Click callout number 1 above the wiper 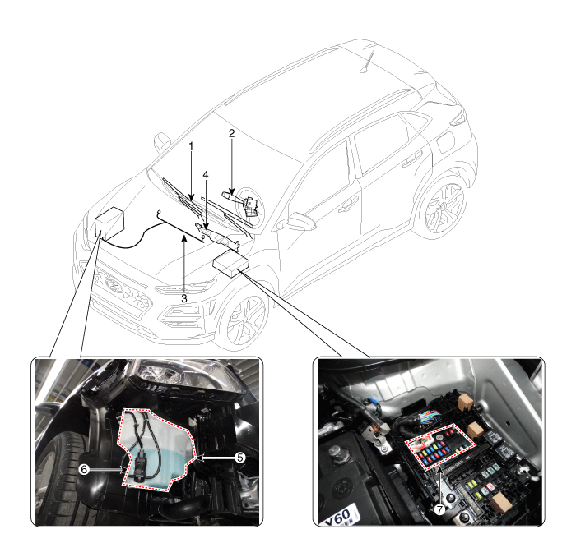[x=191, y=146]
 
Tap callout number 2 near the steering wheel [x=231, y=133]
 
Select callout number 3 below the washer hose [x=184, y=298]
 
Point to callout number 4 [x=206, y=174]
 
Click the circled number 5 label [x=240, y=458]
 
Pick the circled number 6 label [x=84, y=469]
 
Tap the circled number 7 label [x=439, y=509]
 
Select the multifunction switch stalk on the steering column [x=229, y=195]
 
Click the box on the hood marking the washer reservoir [x=109, y=222]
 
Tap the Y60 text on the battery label [x=338, y=516]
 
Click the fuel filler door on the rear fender [x=446, y=142]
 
